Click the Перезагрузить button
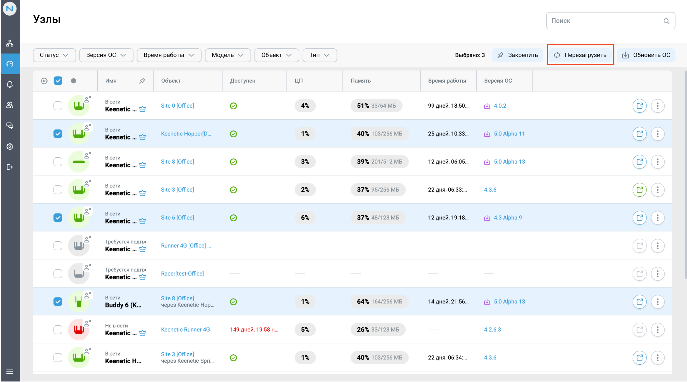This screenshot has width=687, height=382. [580, 55]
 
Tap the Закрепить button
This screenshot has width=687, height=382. [517, 55]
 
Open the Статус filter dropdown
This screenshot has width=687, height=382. [54, 55]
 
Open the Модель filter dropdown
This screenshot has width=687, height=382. [227, 55]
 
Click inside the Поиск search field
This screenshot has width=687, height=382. [606, 21]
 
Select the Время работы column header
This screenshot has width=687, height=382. [447, 81]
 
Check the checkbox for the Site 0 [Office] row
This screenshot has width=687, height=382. [58, 106]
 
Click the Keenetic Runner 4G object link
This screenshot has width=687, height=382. [185, 330]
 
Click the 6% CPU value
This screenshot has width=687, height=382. [305, 218]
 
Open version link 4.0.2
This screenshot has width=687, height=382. [500, 106]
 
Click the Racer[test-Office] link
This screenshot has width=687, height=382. [182, 274]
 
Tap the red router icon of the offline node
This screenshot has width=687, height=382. [79, 330]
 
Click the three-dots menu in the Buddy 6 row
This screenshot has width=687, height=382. [657, 302]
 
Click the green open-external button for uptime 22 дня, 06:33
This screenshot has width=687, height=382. [639, 190]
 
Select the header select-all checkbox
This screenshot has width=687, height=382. [58, 81]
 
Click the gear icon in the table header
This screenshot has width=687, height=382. [44, 81]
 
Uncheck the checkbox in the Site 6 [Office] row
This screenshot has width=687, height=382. [58, 218]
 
